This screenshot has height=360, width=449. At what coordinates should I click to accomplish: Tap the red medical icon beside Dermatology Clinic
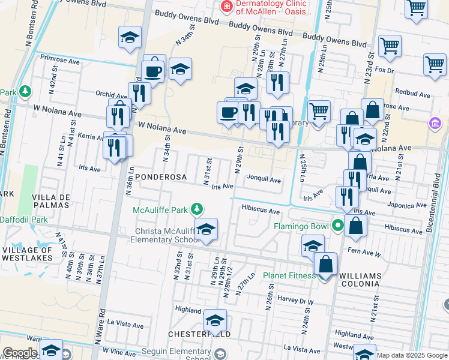[x=227, y=7]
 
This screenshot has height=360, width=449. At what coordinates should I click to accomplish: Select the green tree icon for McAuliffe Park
[x=196, y=209]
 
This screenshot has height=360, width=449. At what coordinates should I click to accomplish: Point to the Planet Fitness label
[x=289, y=276]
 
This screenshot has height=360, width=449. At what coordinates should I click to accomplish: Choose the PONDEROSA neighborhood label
[x=157, y=178]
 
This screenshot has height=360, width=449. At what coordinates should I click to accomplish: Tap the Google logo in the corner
[x=19, y=353]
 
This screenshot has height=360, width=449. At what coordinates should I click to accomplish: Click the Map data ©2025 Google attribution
[x=412, y=355]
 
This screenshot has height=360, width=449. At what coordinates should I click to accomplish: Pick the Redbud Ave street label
[x=413, y=94]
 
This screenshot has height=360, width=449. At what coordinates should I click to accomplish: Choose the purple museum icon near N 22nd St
[x=435, y=123]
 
